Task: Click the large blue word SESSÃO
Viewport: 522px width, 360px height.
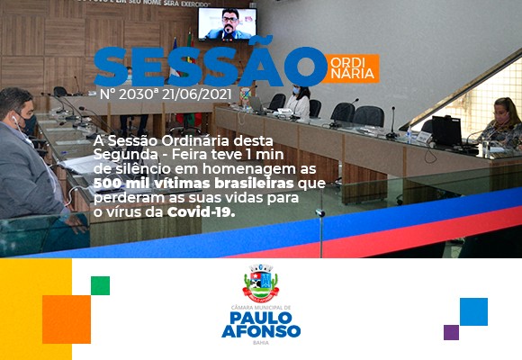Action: pyautogui.click(x=210, y=64)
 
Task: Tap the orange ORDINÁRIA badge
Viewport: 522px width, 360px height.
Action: pyautogui.click(x=352, y=68)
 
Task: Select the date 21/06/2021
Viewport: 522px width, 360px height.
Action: pyautogui.click(x=196, y=94)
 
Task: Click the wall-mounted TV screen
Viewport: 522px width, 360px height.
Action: pyautogui.click(x=228, y=24)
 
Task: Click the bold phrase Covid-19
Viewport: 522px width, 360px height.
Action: pyautogui.click(x=201, y=212)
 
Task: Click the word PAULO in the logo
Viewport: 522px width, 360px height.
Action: pyautogui.click(x=261, y=318)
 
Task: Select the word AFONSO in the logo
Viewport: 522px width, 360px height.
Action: pyautogui.click(x=261, y=331)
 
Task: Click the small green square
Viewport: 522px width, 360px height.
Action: pyautogui.click(x=100, y=285)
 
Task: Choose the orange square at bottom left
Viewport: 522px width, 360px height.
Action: pyautogui.click(x=67, y=319)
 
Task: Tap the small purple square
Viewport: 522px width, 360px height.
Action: pyautogui.click(x=451, y=332)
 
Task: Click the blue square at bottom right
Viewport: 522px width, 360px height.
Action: pyautogui.click(x=473, y=311)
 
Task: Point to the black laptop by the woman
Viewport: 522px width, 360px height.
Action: pyautogui.click(x=446, y=130)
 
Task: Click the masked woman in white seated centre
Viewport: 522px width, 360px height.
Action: pyautogui.click(x=299, y=102)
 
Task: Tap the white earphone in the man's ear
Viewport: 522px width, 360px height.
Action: pyautogui.click(x=14, y=119)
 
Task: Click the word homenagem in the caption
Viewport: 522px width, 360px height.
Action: pyautogui.click(x=249, y=169)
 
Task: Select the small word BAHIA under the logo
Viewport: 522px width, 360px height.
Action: pyautogui.click(x=261, y=343)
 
